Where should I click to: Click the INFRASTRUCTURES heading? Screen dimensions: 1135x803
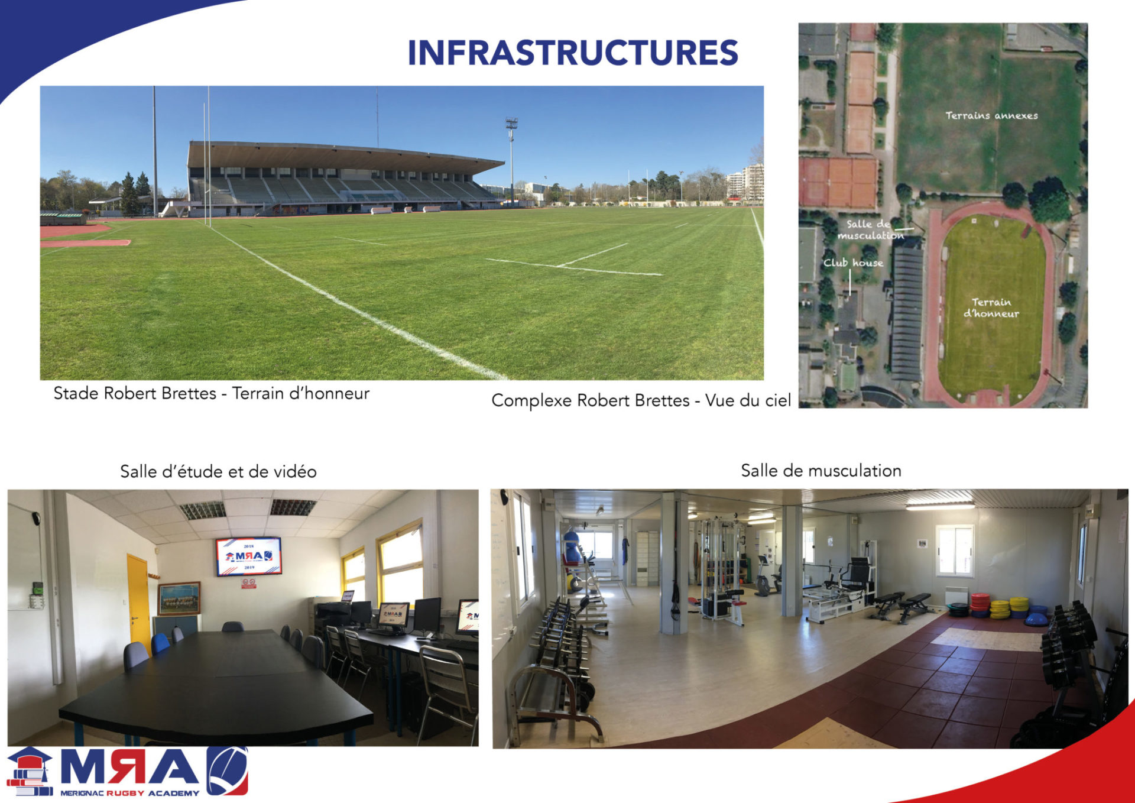coord(573,53)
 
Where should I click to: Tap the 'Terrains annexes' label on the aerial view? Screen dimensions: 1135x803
coord(991,115)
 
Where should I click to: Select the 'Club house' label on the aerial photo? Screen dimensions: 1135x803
coord(853,263)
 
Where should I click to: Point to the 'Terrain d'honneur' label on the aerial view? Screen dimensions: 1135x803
coord(991,307)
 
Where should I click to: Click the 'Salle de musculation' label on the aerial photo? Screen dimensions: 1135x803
coord(869,229)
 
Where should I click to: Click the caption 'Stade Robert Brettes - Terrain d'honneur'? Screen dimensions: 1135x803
coord(211,394)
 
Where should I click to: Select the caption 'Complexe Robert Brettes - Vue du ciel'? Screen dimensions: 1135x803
coord(641,401)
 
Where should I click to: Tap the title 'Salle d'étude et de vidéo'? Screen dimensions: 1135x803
coord(218,471)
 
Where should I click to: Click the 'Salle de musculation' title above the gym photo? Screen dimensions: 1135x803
coord(821,471)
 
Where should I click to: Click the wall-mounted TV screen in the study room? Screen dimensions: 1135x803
coord(248,556)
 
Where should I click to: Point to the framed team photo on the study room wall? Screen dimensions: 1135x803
coord(179,598)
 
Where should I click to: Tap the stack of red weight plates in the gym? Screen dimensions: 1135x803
coord(980,606)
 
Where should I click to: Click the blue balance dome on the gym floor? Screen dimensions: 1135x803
coord(1037,620)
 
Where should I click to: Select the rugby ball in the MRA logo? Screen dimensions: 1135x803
coord(228,770)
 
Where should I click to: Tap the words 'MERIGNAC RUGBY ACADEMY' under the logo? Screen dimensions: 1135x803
coord(129,793)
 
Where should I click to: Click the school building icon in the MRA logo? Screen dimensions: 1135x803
coord(30,771)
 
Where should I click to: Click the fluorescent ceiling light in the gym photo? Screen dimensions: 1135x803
coord(940,506)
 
